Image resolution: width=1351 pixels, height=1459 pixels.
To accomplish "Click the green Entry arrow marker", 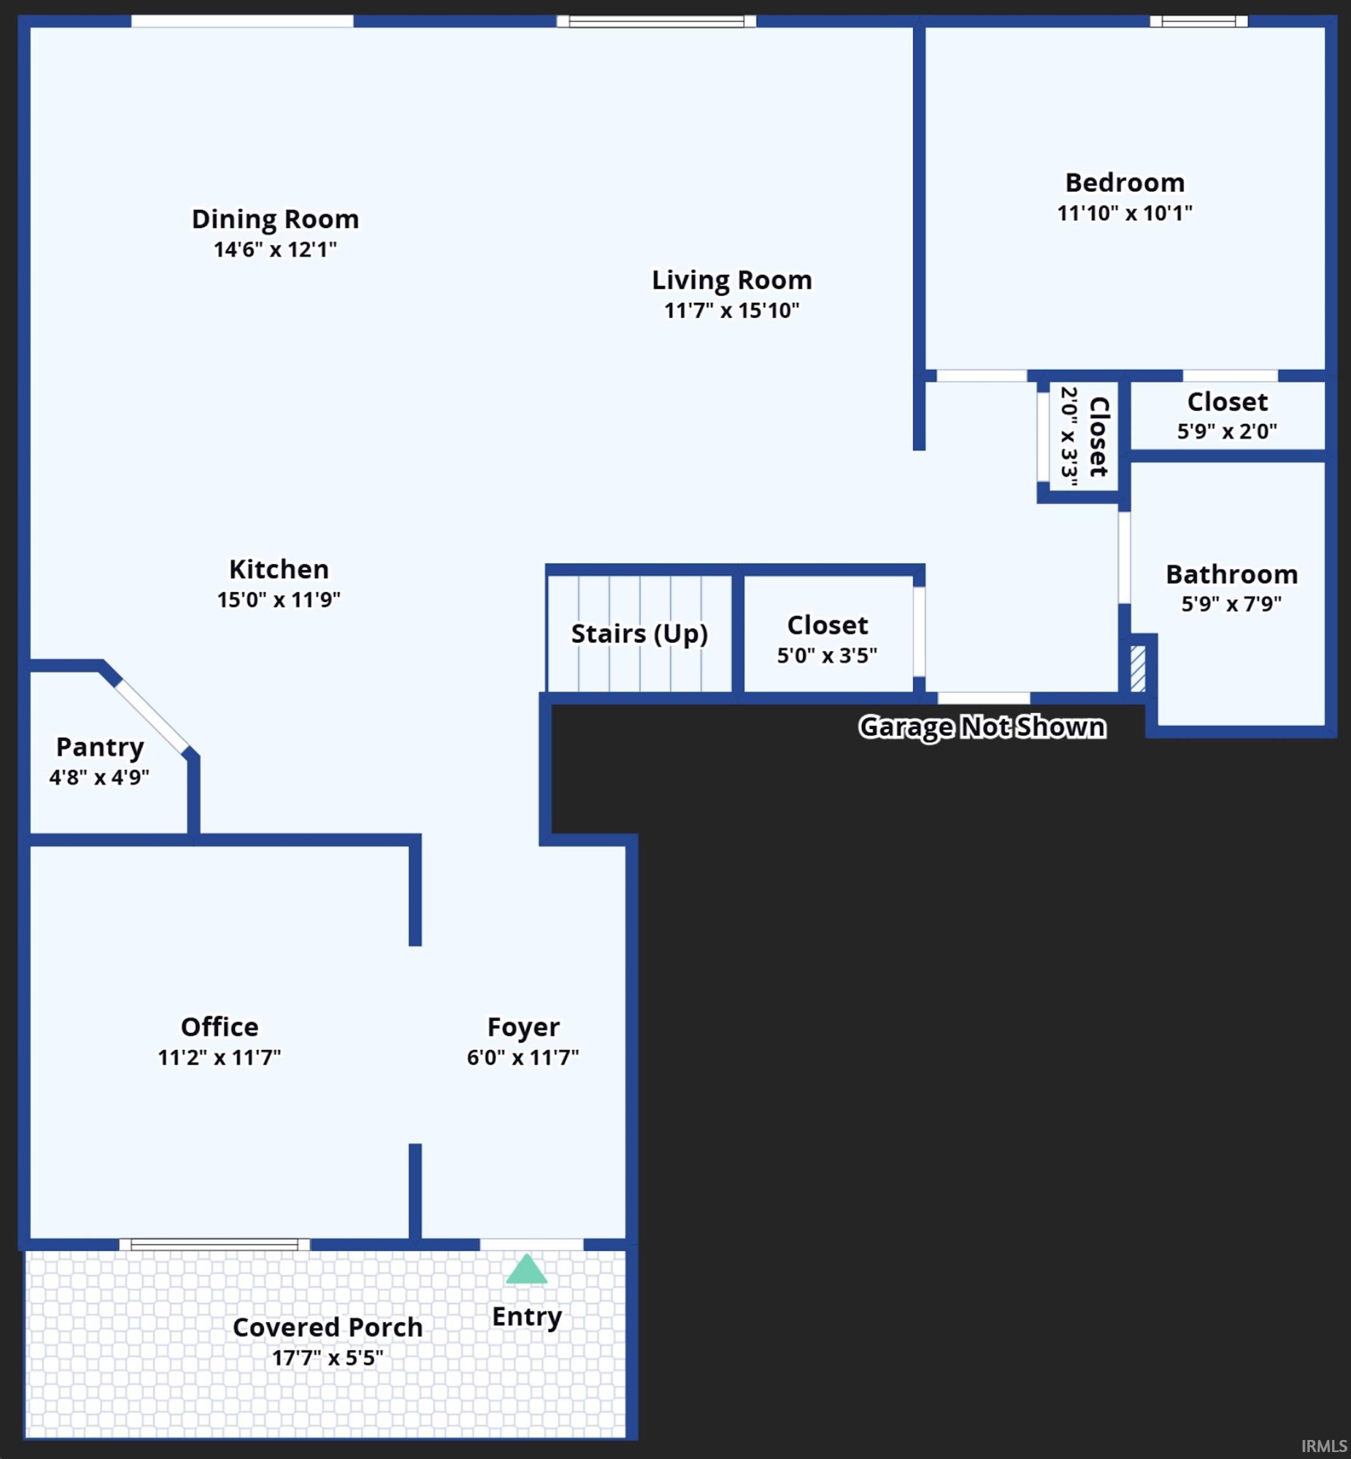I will point(526,1270).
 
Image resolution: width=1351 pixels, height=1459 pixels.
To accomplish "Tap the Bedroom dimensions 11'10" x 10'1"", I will point(1124,213).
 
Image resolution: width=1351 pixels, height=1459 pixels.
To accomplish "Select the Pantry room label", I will point(100,747).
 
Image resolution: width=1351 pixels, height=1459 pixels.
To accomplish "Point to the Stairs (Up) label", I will point(639,634).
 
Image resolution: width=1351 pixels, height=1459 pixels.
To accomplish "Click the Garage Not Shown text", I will point(982,728).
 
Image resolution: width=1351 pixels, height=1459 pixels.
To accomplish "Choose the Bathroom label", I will point(1231,574).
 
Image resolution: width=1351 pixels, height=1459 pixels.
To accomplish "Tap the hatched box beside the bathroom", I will point(1138,668).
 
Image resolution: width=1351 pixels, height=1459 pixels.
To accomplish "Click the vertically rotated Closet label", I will point(1099,436).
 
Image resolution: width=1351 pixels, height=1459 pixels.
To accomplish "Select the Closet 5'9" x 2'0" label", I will point(1227,402).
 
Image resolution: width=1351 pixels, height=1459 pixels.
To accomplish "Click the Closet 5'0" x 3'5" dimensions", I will point(827,655).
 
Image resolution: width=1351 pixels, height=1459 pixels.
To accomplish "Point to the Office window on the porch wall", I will point(214,1244).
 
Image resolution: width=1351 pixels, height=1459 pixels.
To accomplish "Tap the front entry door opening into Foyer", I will point(531,1244).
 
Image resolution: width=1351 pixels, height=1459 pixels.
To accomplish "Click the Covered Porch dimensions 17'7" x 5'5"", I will point(327,1358).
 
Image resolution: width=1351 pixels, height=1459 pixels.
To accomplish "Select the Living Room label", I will point(732,280).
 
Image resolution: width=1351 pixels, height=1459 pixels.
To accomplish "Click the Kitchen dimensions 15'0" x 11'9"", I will point(279,600).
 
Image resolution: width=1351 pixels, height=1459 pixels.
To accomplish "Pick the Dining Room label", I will point(275,219).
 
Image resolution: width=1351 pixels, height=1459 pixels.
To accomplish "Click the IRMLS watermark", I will point(1323,1446).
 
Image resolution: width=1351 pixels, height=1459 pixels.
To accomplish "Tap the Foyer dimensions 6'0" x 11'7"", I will point(523,1058).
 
